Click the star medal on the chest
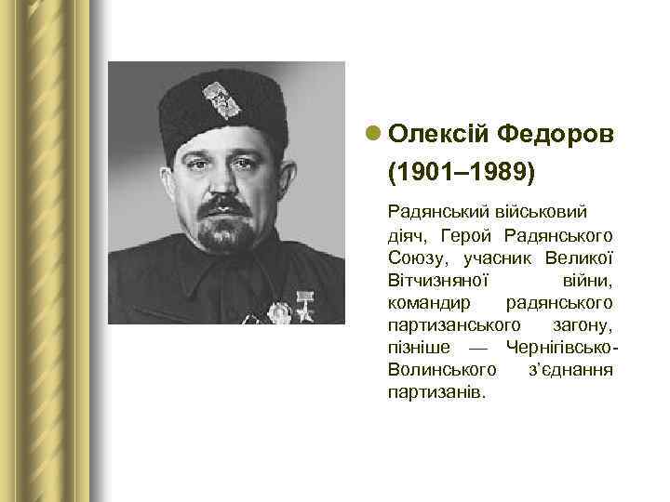click(x=303, y=307)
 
